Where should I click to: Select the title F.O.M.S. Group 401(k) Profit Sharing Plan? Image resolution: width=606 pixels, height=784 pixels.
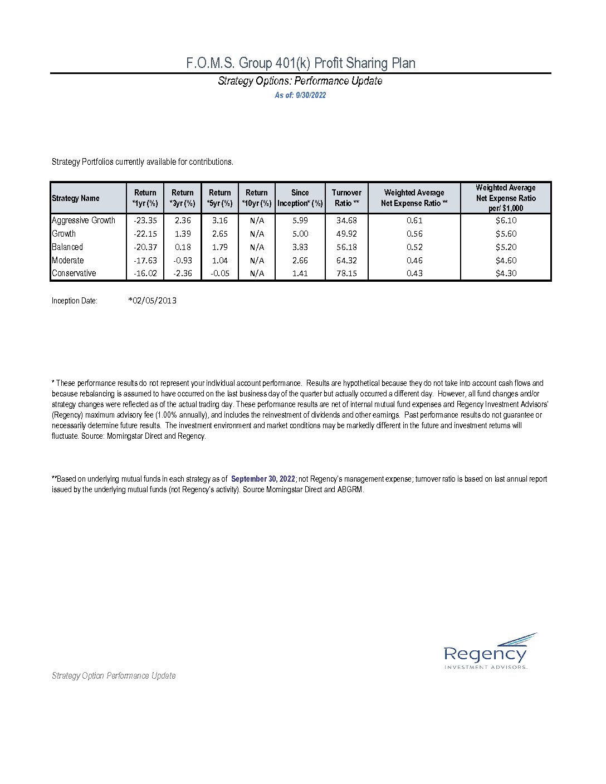(301, 63)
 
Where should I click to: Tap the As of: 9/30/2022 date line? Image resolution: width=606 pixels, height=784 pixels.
(300, 95)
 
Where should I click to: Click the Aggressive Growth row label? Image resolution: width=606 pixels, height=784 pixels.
(84, 220)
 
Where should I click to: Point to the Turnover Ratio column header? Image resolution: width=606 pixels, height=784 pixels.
(346, 198)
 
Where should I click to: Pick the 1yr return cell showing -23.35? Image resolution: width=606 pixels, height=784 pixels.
(145, 220)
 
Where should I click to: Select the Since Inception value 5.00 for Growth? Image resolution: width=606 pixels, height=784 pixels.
(300, 234)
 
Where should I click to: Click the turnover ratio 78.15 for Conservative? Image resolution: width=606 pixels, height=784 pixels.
(346, 273)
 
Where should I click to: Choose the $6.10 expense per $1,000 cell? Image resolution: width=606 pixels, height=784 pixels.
(506, 220)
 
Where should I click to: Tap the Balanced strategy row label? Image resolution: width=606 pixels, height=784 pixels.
(67, 247)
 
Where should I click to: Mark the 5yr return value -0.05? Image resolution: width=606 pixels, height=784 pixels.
(220, 273)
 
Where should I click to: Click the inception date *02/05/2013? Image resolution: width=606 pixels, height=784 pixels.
(152, 301)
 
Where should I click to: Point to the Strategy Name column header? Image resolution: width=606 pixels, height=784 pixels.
(76, 198)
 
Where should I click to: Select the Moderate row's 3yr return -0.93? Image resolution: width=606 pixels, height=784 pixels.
(183, 261)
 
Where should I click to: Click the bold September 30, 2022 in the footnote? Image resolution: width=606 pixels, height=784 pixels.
(263, 479)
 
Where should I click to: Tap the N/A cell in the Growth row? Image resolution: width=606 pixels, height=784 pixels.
(257, 234)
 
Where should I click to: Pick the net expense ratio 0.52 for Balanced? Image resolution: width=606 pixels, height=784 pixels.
(414, 247)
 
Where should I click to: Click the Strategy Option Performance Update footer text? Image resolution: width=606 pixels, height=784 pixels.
(114, 675)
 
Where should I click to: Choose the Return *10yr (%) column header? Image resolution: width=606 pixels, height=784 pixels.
(257, 198)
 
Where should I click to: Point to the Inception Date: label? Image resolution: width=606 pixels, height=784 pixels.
(75, 301)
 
